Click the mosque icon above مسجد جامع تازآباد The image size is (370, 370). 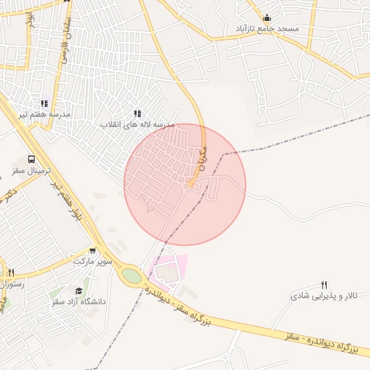click(267, 18)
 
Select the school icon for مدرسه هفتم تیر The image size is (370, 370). click(44, 103)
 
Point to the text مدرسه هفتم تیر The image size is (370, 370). click(45, 114)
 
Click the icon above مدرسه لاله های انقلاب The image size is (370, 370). click(137, 113)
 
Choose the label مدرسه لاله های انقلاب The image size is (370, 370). click(138, 125)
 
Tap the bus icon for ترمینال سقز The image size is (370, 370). click(31, 159)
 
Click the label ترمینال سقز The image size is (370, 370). click(30, 171)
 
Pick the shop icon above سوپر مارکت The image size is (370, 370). click(92, 251)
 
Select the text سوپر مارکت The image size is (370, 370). click(92, 261)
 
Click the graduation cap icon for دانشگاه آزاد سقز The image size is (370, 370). click(79, 291)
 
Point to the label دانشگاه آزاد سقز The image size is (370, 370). click(79, 301)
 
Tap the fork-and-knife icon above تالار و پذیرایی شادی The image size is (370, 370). click(324, 285)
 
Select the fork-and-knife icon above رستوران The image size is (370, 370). click(11, 273)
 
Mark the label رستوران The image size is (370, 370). click(12, 284)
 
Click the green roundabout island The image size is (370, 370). click(132, 275)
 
